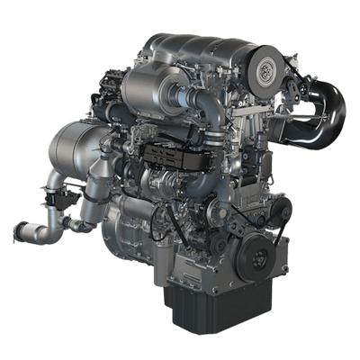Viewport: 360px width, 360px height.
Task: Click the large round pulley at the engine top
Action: (267, 70)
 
